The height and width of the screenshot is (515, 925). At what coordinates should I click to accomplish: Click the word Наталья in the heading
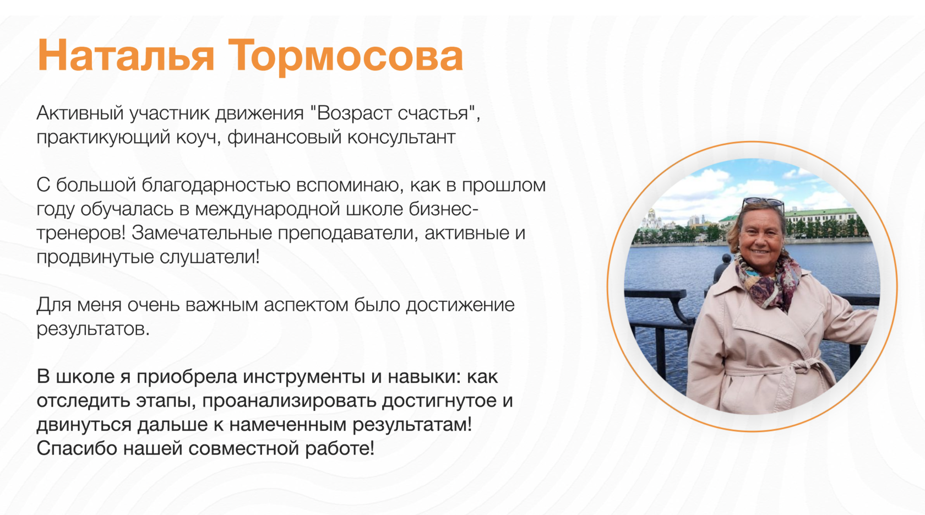tap(126, 56)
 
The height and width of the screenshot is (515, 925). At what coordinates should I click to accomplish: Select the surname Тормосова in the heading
tap(345, 56)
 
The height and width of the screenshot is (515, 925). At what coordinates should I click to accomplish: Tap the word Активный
tap(80, 113)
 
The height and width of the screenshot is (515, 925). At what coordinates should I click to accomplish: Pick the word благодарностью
tap(216, 185)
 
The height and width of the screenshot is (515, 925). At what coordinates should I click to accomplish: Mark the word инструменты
tap(304, 377)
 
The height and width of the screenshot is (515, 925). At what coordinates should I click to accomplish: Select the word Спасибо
tap(77, 448)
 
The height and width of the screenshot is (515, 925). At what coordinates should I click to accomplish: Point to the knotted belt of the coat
tap(801, 368)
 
